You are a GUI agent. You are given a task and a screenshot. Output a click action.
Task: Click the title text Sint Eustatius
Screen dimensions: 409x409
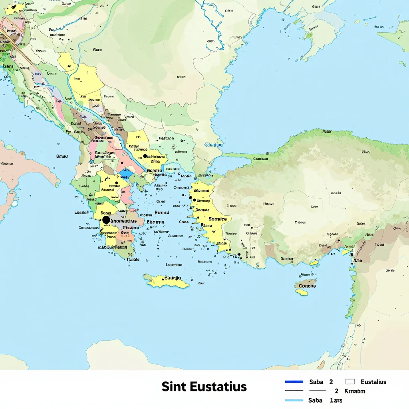204,387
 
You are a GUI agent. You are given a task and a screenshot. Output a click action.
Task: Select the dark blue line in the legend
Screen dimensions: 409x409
294,382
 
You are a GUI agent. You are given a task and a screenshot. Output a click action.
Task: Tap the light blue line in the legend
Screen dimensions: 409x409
294,400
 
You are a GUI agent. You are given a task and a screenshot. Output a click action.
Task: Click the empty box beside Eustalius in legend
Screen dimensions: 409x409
350,382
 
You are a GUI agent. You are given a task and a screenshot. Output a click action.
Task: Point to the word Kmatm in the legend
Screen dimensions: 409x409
355,391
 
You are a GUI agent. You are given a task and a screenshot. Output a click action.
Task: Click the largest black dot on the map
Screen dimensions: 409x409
106,220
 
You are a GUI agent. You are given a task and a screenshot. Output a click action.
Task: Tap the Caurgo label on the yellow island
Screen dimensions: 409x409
173,278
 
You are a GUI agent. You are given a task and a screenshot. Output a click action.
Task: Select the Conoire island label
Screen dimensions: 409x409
307,286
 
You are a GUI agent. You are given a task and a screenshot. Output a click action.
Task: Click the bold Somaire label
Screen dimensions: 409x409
217,219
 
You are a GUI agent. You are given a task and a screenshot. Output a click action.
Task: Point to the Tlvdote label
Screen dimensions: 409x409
133,259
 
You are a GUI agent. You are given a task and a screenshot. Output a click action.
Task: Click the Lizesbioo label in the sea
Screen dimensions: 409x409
174,264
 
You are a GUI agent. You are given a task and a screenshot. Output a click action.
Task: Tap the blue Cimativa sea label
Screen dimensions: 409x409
213,145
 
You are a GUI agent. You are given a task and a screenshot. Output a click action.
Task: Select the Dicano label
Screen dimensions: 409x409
130,228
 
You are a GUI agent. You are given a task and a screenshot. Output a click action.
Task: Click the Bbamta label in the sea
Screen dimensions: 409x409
155,222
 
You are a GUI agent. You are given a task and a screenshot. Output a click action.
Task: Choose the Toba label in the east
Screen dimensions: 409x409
379,244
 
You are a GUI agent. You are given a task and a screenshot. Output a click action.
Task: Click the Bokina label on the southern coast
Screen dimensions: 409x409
286,258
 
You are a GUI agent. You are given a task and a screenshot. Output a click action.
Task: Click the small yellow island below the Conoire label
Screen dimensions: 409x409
302,292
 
